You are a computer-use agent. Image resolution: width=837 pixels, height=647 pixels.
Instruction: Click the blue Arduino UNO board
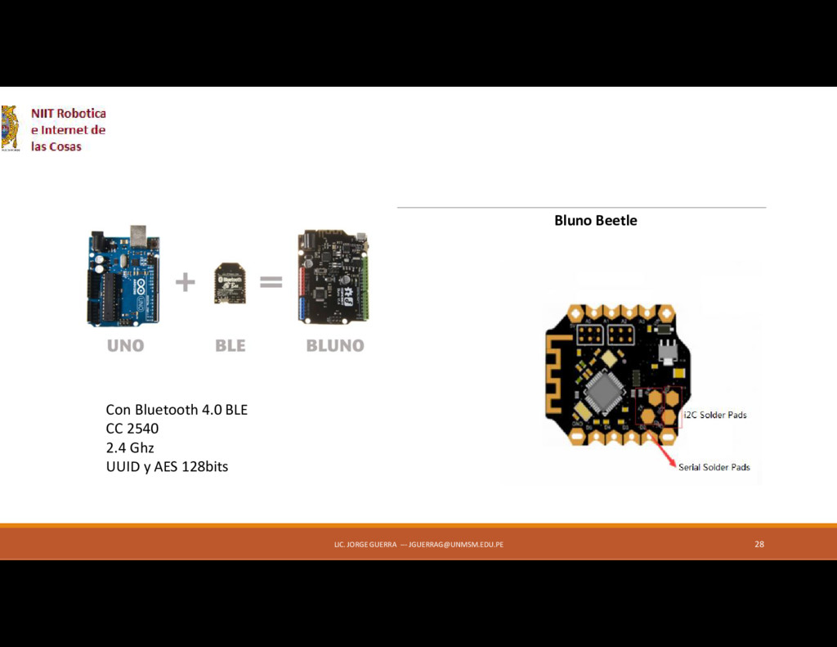(x=123, y=278)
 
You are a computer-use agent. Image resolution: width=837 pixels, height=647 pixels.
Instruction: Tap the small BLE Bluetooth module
(x=230, y=283)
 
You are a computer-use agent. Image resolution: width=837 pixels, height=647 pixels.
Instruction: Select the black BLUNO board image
(x=333, y=276)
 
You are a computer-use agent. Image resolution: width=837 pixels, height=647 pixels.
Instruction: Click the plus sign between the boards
(x=186, y=282)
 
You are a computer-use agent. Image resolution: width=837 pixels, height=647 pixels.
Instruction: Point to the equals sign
(x=271, y=282)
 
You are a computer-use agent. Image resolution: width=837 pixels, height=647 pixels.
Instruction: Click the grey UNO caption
(x=125, y=346)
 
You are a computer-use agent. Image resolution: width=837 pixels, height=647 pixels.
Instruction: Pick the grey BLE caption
(x=230, y=346)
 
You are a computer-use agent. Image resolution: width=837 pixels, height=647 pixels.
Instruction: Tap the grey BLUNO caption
(x=335, y=346)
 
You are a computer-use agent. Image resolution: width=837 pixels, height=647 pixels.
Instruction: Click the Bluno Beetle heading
(x=595, y=220)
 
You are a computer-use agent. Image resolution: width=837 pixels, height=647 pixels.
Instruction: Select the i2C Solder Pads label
(x=714, y=415)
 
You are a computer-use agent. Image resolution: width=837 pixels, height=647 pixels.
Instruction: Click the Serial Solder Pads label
(x=714, y=467)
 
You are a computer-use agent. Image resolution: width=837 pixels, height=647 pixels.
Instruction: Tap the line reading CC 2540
(x=132, y=429)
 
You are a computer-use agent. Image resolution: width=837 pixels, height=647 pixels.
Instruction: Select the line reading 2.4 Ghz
(x=130, y=447)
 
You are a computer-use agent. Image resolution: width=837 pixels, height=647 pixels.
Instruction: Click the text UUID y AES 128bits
(x=167, y=467)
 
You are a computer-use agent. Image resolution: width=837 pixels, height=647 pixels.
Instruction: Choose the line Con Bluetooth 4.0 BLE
(x=177, y=409)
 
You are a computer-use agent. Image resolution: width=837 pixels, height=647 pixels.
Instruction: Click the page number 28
(x=759, y=544)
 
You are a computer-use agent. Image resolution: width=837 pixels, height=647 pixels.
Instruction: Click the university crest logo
(x=10, y=128)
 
